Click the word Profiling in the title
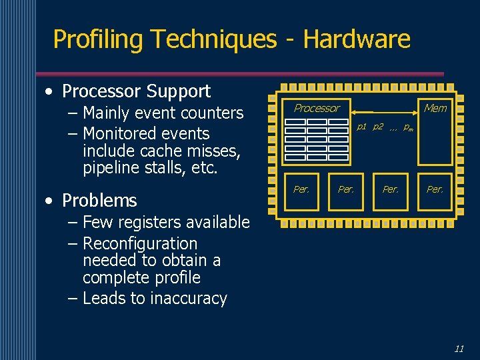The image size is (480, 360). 99,40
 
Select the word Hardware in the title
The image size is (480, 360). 357,40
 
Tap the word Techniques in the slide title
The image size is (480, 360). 213,40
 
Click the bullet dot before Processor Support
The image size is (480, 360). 51,92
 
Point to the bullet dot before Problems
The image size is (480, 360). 51,201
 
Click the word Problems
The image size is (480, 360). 99,201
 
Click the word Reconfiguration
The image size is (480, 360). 140,244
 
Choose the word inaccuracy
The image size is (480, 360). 189,299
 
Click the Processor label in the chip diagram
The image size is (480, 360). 317,108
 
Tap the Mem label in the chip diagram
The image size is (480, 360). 435,108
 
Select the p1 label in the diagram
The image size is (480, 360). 362,127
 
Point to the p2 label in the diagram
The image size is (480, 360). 377,127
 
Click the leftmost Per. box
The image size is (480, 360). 301,189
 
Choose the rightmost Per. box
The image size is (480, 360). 435,189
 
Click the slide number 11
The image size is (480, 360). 459,348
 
